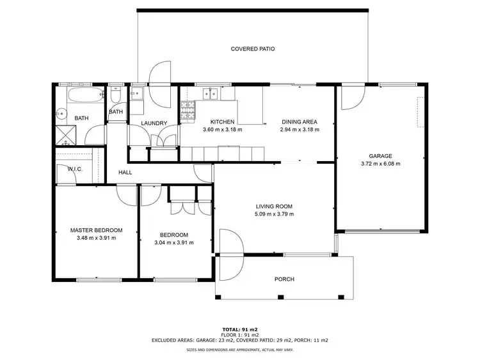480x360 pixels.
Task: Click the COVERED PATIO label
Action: (253, 49)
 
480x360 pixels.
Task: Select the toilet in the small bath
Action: (115, 97)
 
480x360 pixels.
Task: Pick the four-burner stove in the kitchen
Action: (188, 111)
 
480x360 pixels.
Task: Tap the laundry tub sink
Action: (137, 96)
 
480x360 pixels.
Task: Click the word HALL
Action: (125, 172)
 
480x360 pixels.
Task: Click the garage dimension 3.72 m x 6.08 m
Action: (380, 163)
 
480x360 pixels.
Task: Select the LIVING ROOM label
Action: (274, 206)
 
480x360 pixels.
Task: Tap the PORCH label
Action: (284, 279)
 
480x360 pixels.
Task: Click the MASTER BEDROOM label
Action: (96, 230)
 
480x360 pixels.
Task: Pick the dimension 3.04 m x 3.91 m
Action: (174, 242)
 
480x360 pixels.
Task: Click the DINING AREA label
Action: (300, 122)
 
